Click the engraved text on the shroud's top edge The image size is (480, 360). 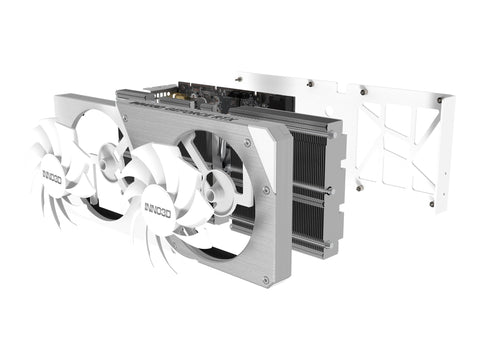pos(190,112)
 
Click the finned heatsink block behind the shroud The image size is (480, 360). pos(310,190)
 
